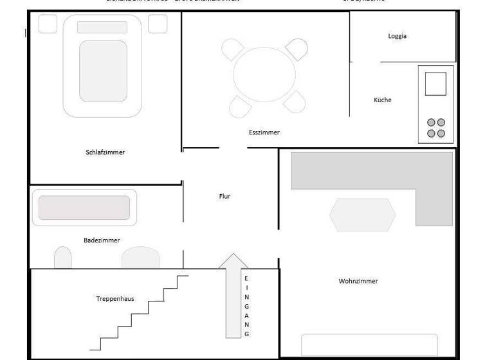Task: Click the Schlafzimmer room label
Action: tap(105, 152)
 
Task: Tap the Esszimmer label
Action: tap(264, 132)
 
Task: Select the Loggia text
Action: tap(398, 36)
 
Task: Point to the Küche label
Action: tap(383, 100)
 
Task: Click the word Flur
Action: tap(224, 196)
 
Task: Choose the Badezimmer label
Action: tap(102, 240)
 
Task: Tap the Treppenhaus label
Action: tap(114, 299)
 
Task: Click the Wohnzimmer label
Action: tap(358, 281)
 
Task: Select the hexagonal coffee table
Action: tap(363, 215)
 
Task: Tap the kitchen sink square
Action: tap(435, 84)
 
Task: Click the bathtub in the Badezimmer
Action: tap(84, 207)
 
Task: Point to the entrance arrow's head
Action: tap(233, 261)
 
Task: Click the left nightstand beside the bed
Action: tap(48, 24)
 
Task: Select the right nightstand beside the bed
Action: tap(158, 24)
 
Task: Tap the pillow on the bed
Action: tap(102, 27)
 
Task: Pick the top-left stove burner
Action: tap(431, 123)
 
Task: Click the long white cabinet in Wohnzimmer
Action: tap(369, 344)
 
